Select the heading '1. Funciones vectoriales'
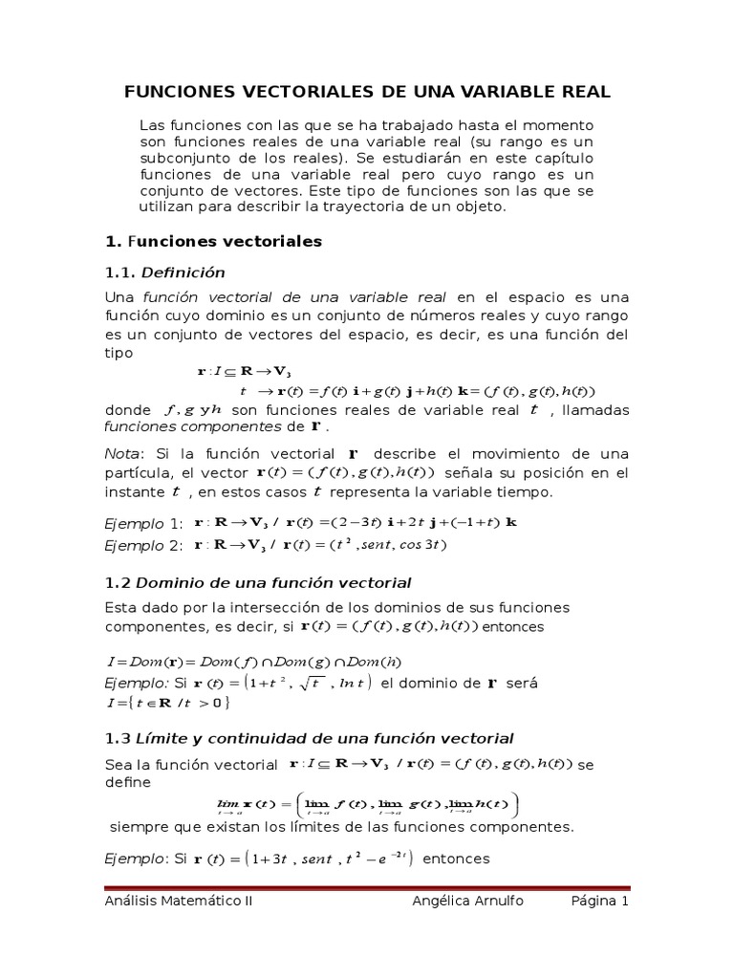(x=213, y=242)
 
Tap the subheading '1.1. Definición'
(x=164, y=272)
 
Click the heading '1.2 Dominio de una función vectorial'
(x=257, y=582)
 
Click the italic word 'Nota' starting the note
(x=120, y=453)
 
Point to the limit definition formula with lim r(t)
(x=367, y=803)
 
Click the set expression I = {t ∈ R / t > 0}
(x=167, y=703)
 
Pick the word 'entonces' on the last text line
(x=456, y=859)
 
